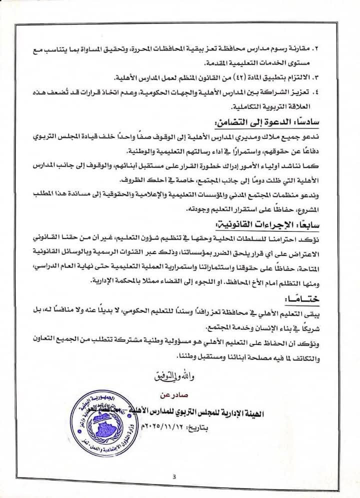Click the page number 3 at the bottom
click(174, 476)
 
